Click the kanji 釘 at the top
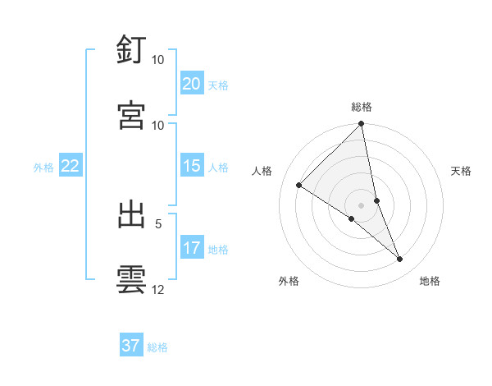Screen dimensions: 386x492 (x=131, y=50)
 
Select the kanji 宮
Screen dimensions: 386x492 (x=131, y=115)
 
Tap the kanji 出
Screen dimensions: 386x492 (x=131, y=214)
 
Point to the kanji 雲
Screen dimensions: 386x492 (x=131, y=279)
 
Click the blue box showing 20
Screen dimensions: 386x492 (x=191, y=84)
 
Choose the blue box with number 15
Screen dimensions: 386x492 (x=191, y=166)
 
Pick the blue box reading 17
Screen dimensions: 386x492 (x=191, y=248)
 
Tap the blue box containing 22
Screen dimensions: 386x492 (x=71, y=166)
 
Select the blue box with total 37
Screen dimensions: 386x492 (x=131, y=346)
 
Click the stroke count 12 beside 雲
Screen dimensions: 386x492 (x=158, y=289)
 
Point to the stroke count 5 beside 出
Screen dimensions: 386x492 (x=158, y=223)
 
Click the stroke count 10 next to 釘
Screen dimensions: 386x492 (x=158, y=60)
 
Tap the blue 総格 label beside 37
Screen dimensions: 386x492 (x=157, y=347)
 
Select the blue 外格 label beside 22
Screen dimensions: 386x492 (x=43, y=167)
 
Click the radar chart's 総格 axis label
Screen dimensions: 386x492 (x=362, y=107)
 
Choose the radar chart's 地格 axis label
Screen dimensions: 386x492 (x=430, y=281)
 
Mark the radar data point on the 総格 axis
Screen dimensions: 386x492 (x=362, y=125)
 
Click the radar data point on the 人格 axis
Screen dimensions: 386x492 (x=299, y=186)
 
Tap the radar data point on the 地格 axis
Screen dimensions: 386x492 (x=400, y=260)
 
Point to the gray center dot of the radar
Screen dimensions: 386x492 (x=362, y=205)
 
